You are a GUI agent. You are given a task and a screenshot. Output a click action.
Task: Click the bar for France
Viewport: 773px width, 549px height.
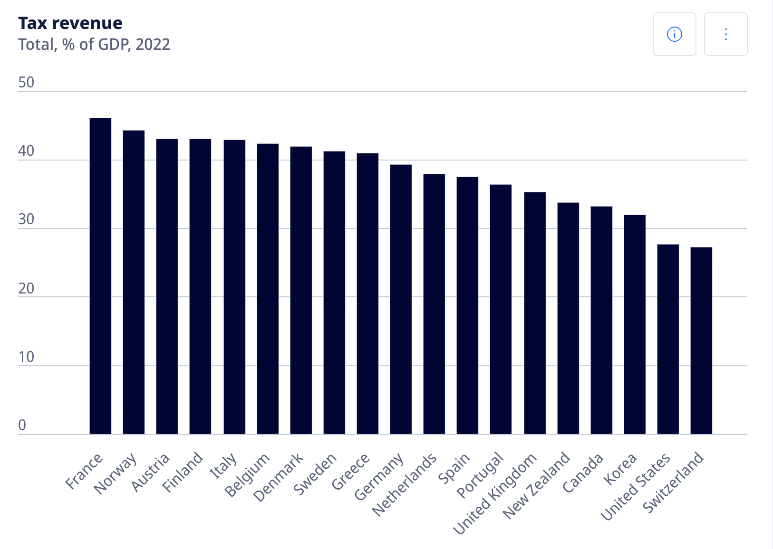(x=100, y=275)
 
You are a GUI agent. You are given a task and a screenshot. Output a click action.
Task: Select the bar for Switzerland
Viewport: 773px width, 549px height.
(x=701, y=341)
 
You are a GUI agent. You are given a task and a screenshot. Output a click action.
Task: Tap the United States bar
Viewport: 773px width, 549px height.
(x=668, y=339)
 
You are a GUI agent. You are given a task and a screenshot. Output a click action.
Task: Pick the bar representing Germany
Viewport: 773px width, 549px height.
(x=401, y=299)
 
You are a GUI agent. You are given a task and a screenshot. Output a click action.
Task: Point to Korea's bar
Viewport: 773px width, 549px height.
(x=635, y=324)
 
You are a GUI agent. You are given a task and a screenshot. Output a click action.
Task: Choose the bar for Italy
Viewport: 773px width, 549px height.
(x=234, y=287)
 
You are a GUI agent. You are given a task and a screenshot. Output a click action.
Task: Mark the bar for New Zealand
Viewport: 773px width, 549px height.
(x=568, y=318)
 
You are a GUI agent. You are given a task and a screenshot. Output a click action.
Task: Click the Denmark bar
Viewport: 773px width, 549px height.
(x=301, y=290)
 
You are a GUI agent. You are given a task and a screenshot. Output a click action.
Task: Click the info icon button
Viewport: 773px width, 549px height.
(x=674, y=34)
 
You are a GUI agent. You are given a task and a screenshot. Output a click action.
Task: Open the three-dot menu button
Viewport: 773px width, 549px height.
(x=725, y=34)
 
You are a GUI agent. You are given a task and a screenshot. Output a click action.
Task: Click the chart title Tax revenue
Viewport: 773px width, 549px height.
(x=70, y=23)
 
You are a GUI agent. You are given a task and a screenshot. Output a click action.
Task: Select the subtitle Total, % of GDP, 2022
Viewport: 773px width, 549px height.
(x=94, y=44)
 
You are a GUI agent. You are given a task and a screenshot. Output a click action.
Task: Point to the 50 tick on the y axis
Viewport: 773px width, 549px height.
(x=26, y=83)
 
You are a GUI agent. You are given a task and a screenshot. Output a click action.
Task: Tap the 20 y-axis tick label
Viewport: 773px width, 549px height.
(x=26, y=288)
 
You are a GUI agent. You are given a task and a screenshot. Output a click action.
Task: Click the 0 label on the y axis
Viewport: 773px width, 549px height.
(x=22, y=426)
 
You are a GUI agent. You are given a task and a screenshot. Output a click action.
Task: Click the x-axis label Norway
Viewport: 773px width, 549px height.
(x=116, y=473)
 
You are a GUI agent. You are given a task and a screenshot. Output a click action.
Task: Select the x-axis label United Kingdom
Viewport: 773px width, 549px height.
(x=495, y=494)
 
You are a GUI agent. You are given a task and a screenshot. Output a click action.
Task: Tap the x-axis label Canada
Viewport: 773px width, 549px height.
(x=582, y=473)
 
